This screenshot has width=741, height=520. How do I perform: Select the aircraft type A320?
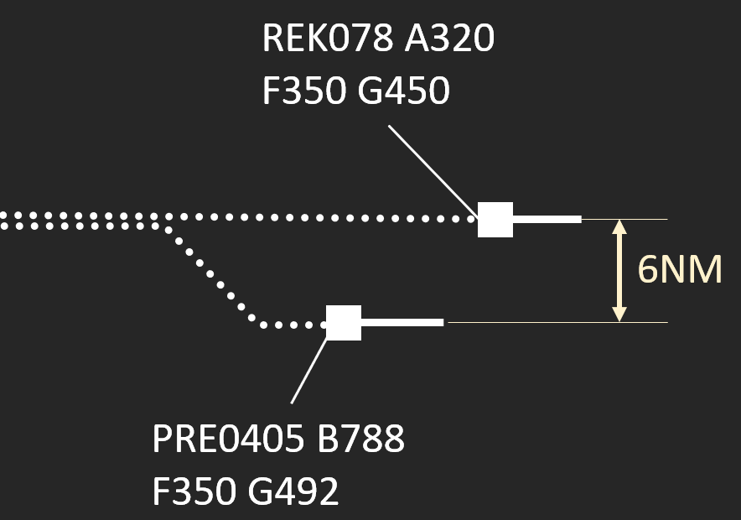pyautogui.click(x=449, y=39)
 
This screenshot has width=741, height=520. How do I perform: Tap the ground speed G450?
pyautogui.click(x=403, y=91)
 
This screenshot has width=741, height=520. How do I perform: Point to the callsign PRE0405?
pyautogui.click(x=227, y=439)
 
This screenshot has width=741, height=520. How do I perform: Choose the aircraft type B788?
pyautogui.click(x=361, y=439)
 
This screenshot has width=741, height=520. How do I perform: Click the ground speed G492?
pyautogui.click(x=293, y=491)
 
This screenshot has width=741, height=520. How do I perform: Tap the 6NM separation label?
pyautogui.click(x=679, y=270)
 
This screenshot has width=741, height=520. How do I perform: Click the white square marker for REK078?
pyautogui.click(x=495, y=220)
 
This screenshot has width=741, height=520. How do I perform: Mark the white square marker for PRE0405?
pyautogui.click(x=344, y=323)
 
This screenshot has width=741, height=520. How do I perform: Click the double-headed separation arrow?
pyautogui.click(x=619, y=270)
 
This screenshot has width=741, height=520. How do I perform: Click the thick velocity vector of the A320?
pyautogui.click(x=547, y=220)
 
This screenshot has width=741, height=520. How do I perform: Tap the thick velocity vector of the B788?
pyautogui.click(x=402, y=323)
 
